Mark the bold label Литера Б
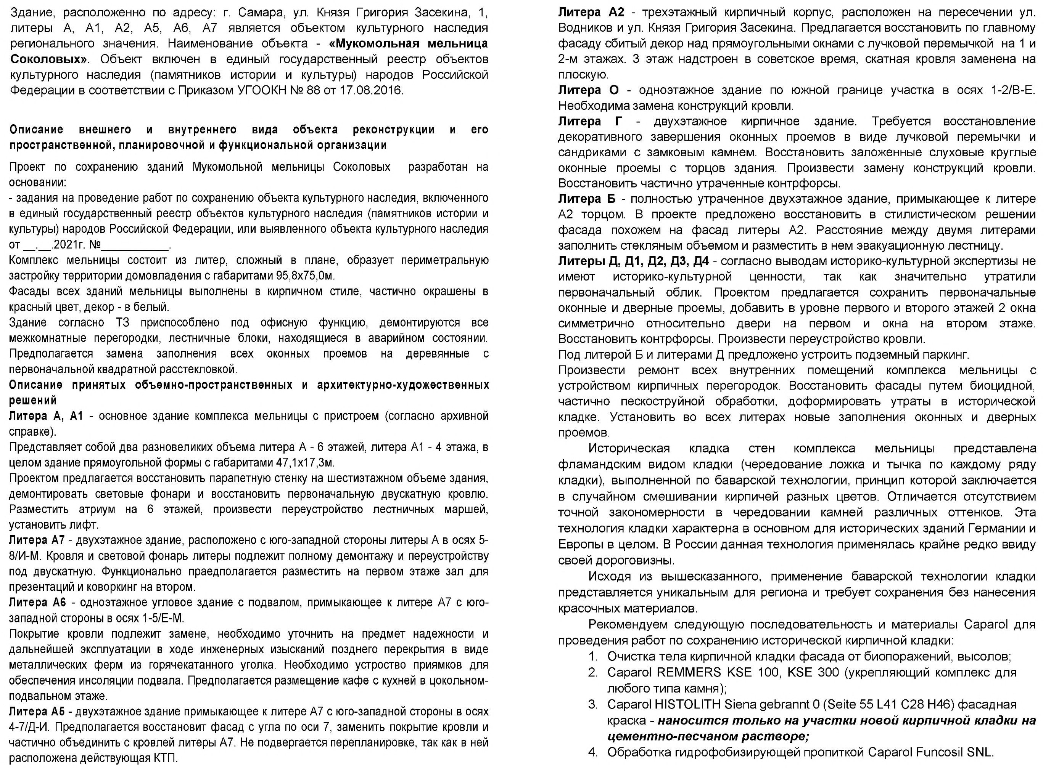click(x=587, y=199)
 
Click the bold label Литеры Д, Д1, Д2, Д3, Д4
click(x=633, y=261)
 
